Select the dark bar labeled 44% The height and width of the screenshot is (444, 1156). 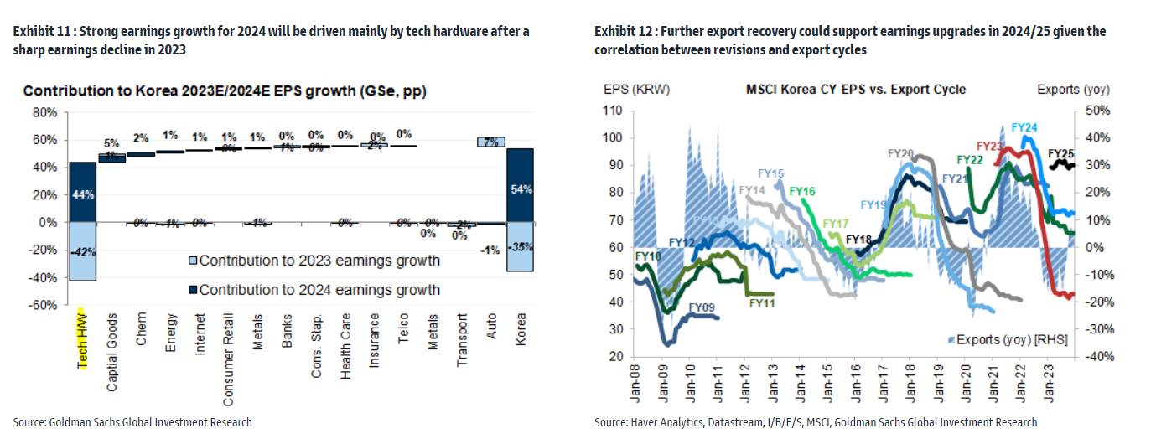[83, 192]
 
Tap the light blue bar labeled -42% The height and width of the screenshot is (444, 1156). [83, 251]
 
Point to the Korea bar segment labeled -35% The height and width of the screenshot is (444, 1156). [521, 247]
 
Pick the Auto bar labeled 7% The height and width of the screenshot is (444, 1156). [491, 142]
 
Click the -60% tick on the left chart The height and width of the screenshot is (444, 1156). [43, 305]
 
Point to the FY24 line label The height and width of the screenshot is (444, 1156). [1024, 127]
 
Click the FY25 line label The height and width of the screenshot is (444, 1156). [1061, 153]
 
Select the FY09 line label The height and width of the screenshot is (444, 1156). [702, 307]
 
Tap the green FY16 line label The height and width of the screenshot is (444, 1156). [802, 192]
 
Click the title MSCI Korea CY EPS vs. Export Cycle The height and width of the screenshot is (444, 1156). [856, 89]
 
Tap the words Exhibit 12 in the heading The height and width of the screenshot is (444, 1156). [622, 31]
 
